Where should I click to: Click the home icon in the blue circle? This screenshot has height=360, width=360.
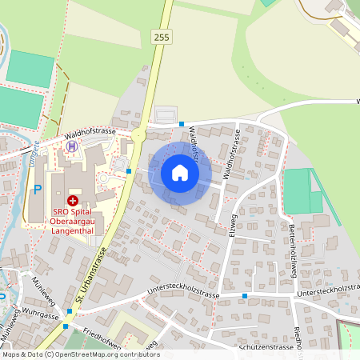[180, 173]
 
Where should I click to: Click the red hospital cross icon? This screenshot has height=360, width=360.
[73, 200]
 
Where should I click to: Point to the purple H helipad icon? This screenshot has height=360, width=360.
[73, 146]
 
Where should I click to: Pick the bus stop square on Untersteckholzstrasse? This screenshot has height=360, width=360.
[245, 297]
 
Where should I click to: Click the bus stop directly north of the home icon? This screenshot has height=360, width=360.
[182, 123]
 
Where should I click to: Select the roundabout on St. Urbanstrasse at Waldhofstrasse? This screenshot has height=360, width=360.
[138, 136]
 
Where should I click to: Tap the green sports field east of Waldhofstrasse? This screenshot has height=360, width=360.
[298, 191]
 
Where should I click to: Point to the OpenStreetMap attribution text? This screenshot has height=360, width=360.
[80, 354]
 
